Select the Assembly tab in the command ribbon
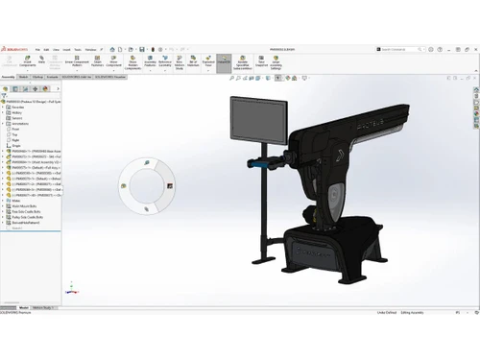(9, 75)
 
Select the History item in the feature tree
(17, 111)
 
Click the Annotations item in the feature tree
(20, 123)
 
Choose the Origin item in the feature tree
(17, 145)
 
